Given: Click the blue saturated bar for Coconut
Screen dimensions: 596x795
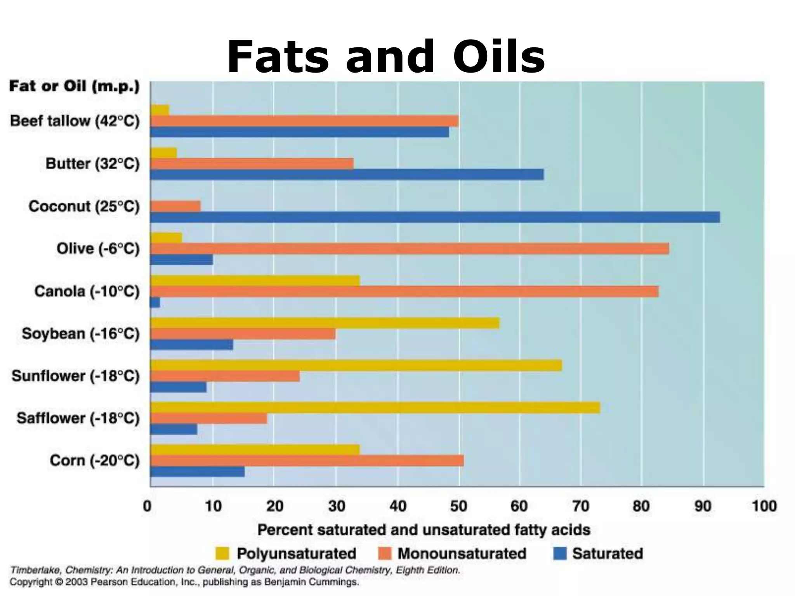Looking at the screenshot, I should pyautogui.click(x=435, y=217).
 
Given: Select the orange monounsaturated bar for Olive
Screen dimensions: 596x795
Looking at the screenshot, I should pyautogui.click(x=410, y=248).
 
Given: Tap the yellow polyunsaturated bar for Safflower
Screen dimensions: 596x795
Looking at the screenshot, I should pyautogui.click(x=375, y=407).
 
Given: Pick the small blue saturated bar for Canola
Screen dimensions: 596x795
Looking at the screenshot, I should pyautogui.click(x=155, y=302).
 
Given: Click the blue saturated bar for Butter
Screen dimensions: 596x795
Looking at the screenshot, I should pyautogui.click(x=347, y=175).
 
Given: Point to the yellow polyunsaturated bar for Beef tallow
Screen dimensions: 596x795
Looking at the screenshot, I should pyautogui.click(x=160, y=110).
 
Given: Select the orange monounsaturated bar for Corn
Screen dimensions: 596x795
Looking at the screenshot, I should pyautogui.click(x=307, y=461).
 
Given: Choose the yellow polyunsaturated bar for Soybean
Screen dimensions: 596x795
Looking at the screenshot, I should pyautogui.click(x=325, y=323).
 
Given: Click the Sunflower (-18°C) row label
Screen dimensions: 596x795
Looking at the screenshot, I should pyautogui.click(x=75, y=376).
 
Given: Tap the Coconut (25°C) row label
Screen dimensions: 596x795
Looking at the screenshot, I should pyautogui.click(x=84, y=206).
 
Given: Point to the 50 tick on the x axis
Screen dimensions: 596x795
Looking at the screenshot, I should pyautogui.click(x=459, y=506).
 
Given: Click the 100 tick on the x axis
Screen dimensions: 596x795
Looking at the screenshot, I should pyautogui.click(x=764, y=506).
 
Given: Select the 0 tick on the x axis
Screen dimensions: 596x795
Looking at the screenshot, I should pyautogui.click(x=148, y=506).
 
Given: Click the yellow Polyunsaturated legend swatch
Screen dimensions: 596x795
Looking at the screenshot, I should pyautogui.click(x=222, y=553).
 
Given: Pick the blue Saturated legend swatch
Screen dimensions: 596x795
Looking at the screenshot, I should pyautogui.click(x=560, y=553).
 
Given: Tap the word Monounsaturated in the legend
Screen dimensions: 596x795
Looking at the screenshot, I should pyautogui.click(x=462, y=553).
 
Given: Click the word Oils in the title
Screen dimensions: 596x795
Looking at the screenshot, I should pyautogui.click(x=499, y=57).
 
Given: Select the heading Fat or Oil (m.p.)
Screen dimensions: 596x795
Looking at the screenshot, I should pyautogui.click(x=74, y=86).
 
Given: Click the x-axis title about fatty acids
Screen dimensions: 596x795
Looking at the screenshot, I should pyautogui.click(x=424, y=530).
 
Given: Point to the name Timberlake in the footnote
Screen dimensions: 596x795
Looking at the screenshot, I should pyautogui.click(x=35, y=570).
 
